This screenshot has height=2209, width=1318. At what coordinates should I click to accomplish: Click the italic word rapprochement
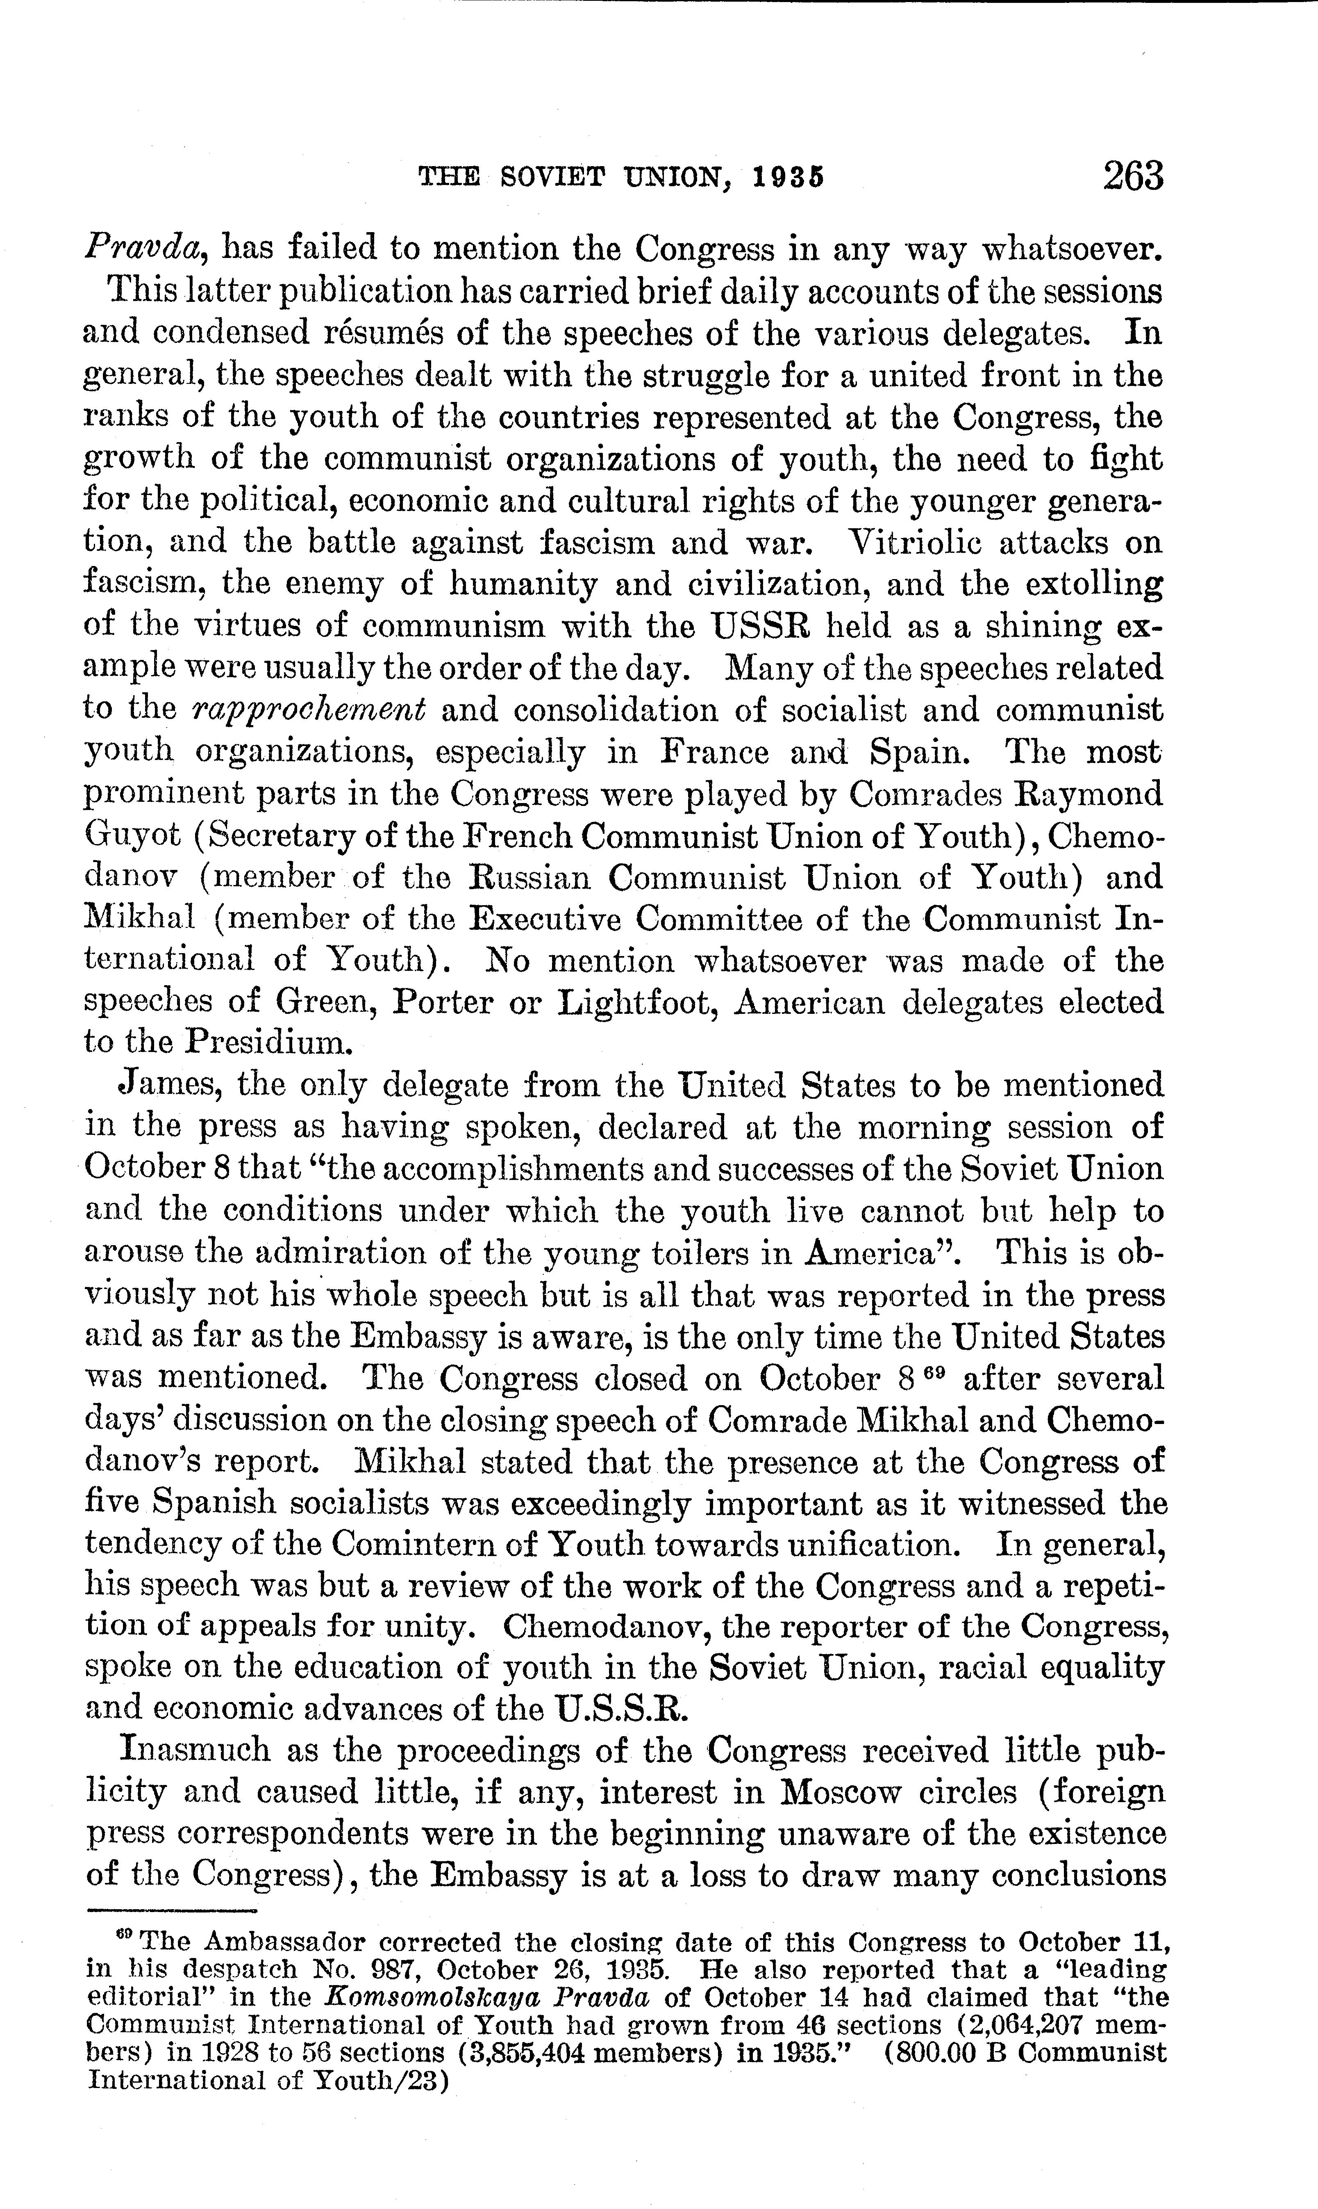(310, 709)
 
